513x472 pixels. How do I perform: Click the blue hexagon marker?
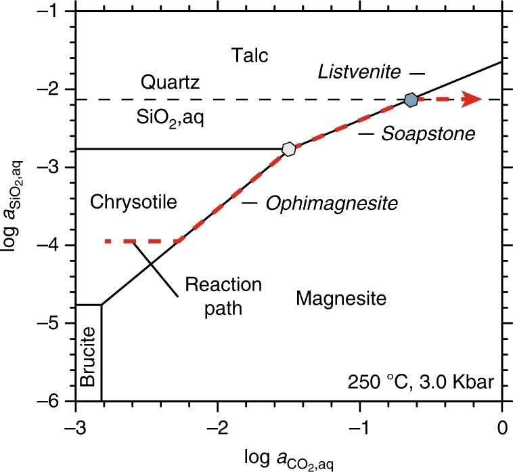(410, 100)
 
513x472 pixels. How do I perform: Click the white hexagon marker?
(289, 149)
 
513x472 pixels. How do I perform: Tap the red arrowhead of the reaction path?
(471, 100)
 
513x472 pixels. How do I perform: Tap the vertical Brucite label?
(87, 356)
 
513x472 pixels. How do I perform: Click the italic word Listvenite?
(362, 70)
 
